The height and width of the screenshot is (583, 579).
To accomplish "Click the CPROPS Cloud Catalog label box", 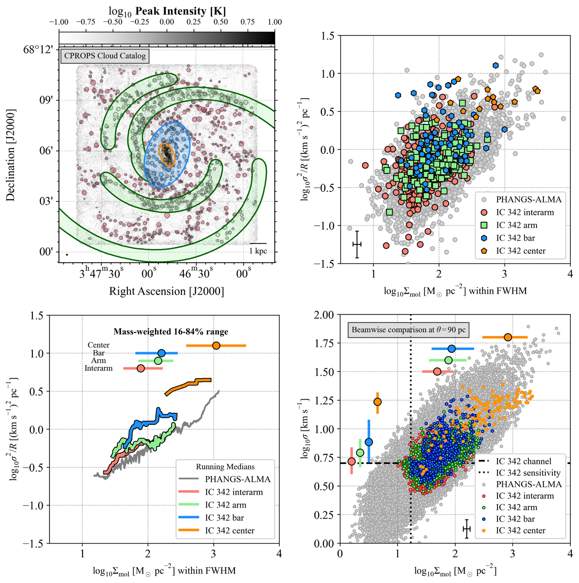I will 105,56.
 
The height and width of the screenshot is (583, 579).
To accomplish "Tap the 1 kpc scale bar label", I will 258,251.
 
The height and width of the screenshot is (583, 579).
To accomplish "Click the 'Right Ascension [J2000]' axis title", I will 166,291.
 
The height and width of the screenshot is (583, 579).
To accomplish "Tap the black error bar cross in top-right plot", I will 357,244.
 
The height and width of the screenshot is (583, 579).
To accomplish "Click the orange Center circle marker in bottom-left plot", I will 216,345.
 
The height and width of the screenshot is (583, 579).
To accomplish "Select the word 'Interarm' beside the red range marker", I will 98,368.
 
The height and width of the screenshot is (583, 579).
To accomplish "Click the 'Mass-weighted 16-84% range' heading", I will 171,331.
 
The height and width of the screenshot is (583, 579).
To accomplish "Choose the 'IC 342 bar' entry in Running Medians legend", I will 224,518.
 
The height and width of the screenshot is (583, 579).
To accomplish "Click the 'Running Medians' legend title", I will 225,466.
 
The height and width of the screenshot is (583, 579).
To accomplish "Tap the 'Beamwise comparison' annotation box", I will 408,330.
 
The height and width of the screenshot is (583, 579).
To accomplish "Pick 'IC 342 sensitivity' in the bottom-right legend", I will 528,473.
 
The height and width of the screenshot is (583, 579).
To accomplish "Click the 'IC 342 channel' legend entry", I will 523,461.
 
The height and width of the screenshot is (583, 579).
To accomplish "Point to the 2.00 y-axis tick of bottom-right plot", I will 324,315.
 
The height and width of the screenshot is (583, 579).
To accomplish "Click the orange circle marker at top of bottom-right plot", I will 508,337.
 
